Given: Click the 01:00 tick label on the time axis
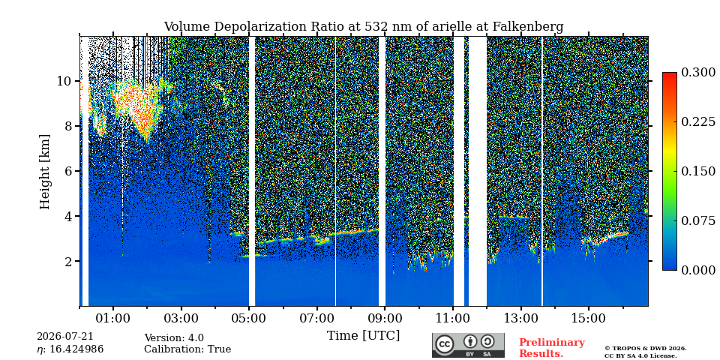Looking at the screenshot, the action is tap(113, 318).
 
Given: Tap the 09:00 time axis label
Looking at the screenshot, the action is tap(385, 318).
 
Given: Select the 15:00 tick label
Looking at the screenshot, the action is tap(589, 318).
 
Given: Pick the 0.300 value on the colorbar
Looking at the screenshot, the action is tap(698, 73).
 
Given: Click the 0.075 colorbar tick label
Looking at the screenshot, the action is tap(698, 220).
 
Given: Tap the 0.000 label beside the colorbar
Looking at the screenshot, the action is tap(698, 271).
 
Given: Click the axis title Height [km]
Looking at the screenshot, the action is tap(44, 171).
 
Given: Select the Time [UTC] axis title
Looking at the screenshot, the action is tap(363, 336).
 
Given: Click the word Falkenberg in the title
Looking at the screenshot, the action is tap(528, 27).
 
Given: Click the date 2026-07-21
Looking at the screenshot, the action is tap(64, 337).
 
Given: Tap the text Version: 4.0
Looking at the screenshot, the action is tap(174, 338).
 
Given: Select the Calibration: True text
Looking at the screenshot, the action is tap(187, 349).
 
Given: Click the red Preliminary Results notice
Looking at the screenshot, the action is tap(552, 348).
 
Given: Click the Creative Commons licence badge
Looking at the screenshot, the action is tap(468, 345).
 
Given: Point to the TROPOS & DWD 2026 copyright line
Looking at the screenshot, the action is tap(646, 349).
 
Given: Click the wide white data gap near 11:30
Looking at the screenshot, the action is tap(478, 171).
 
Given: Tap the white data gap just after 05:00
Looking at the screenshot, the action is tap(252, 171).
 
